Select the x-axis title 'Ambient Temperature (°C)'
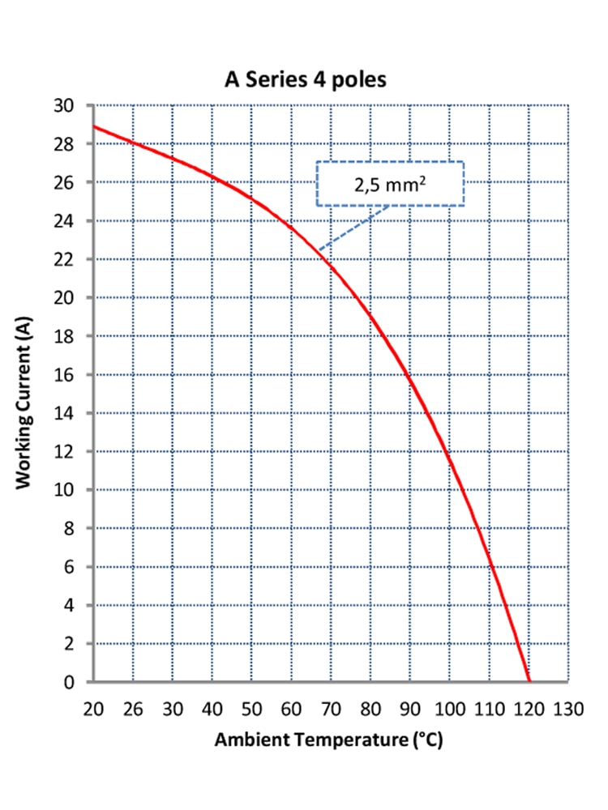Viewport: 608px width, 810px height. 328,740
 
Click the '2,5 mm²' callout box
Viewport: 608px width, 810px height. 389,183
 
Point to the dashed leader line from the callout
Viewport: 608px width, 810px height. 353,228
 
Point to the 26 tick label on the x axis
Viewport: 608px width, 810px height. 133,710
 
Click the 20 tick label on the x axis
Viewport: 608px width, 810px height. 94,710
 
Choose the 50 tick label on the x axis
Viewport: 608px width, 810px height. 251,710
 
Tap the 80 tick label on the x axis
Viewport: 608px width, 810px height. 370,710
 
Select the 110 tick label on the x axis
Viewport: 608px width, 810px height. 488,710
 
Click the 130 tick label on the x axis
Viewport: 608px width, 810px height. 567,710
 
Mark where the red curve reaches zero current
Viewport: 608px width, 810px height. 529,681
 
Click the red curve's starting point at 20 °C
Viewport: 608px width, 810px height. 95,126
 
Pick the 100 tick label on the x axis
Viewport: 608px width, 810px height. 449,710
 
